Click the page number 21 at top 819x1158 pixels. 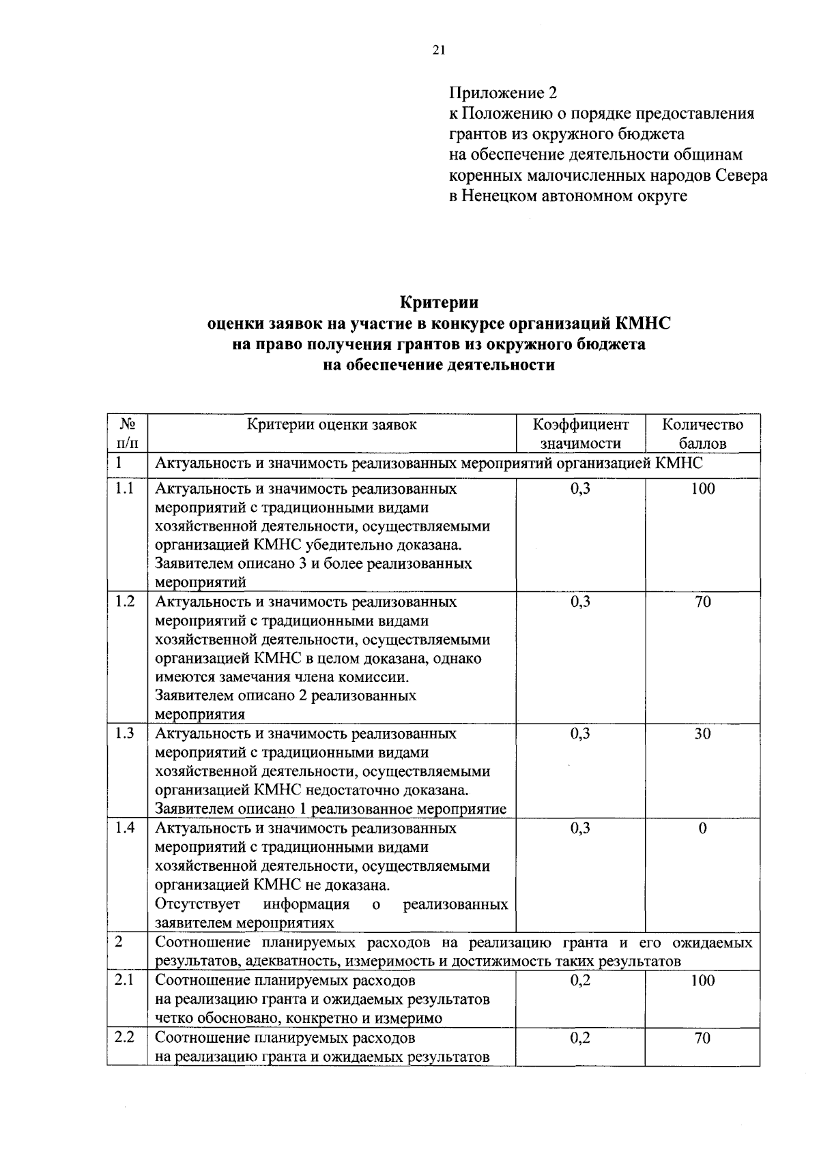coord(438,49)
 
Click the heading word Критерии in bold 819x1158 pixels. coord(439,301)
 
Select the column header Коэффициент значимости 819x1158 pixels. coord(580,434)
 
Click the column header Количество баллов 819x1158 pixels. coord(702,434)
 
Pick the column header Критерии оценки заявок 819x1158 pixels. coord(332,425)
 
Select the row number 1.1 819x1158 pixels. coord(125,488)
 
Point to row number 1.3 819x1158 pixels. coord(125,733)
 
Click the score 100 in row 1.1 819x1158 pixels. coord(702,488)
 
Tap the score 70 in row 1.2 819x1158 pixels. coord(702,602)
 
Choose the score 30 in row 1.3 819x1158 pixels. coord(702,734)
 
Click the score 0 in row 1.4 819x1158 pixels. coord(702,828)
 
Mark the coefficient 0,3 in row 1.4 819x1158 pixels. coord(580,828)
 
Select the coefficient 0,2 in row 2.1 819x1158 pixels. coord(580,981)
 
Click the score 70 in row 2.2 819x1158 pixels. coord(702,1038)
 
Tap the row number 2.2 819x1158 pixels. coord(125,1037)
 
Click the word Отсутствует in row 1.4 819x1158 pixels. coord(198,904)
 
